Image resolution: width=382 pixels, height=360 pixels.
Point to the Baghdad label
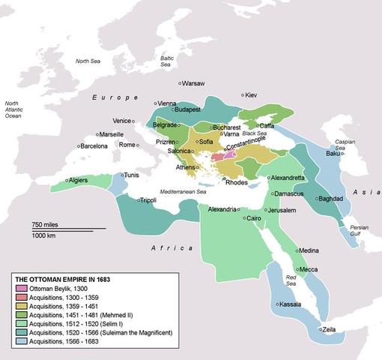(x=331, y=199)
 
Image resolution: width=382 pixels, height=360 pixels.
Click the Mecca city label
(x=309, y=269)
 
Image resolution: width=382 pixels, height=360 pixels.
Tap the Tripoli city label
(x=147, y=200)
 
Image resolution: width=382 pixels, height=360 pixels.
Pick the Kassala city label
(x=290, y=304)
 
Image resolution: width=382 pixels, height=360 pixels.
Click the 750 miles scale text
(x=46, y=225)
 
